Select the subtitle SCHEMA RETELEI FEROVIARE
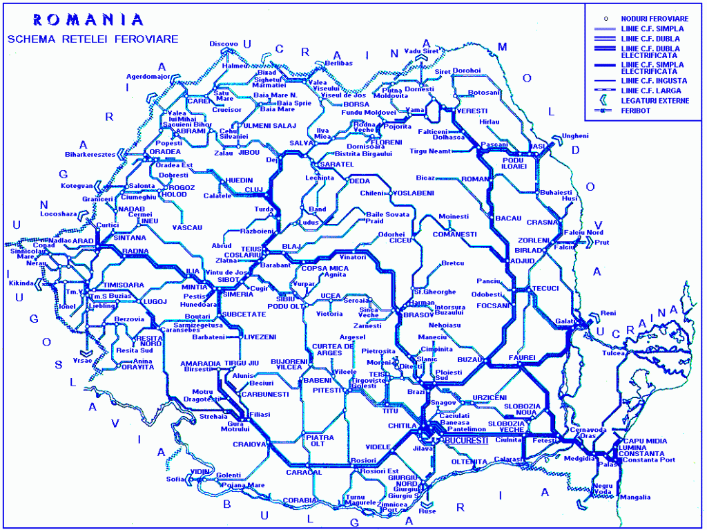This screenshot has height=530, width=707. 93,39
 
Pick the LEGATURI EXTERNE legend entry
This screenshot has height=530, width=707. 655,100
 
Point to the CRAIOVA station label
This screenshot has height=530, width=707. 249,444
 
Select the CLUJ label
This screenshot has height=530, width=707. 255,189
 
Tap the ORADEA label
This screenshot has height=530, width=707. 165,151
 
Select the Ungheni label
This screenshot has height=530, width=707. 575,135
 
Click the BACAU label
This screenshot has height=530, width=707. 508,218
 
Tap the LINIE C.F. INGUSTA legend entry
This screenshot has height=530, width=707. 654,80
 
